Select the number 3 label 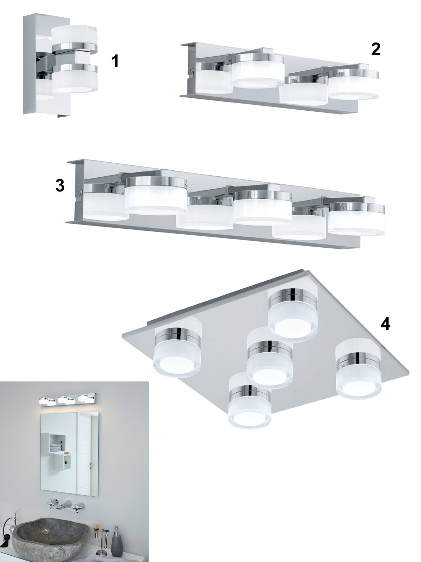(x=60, y=185)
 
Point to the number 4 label (x=385, y=325)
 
